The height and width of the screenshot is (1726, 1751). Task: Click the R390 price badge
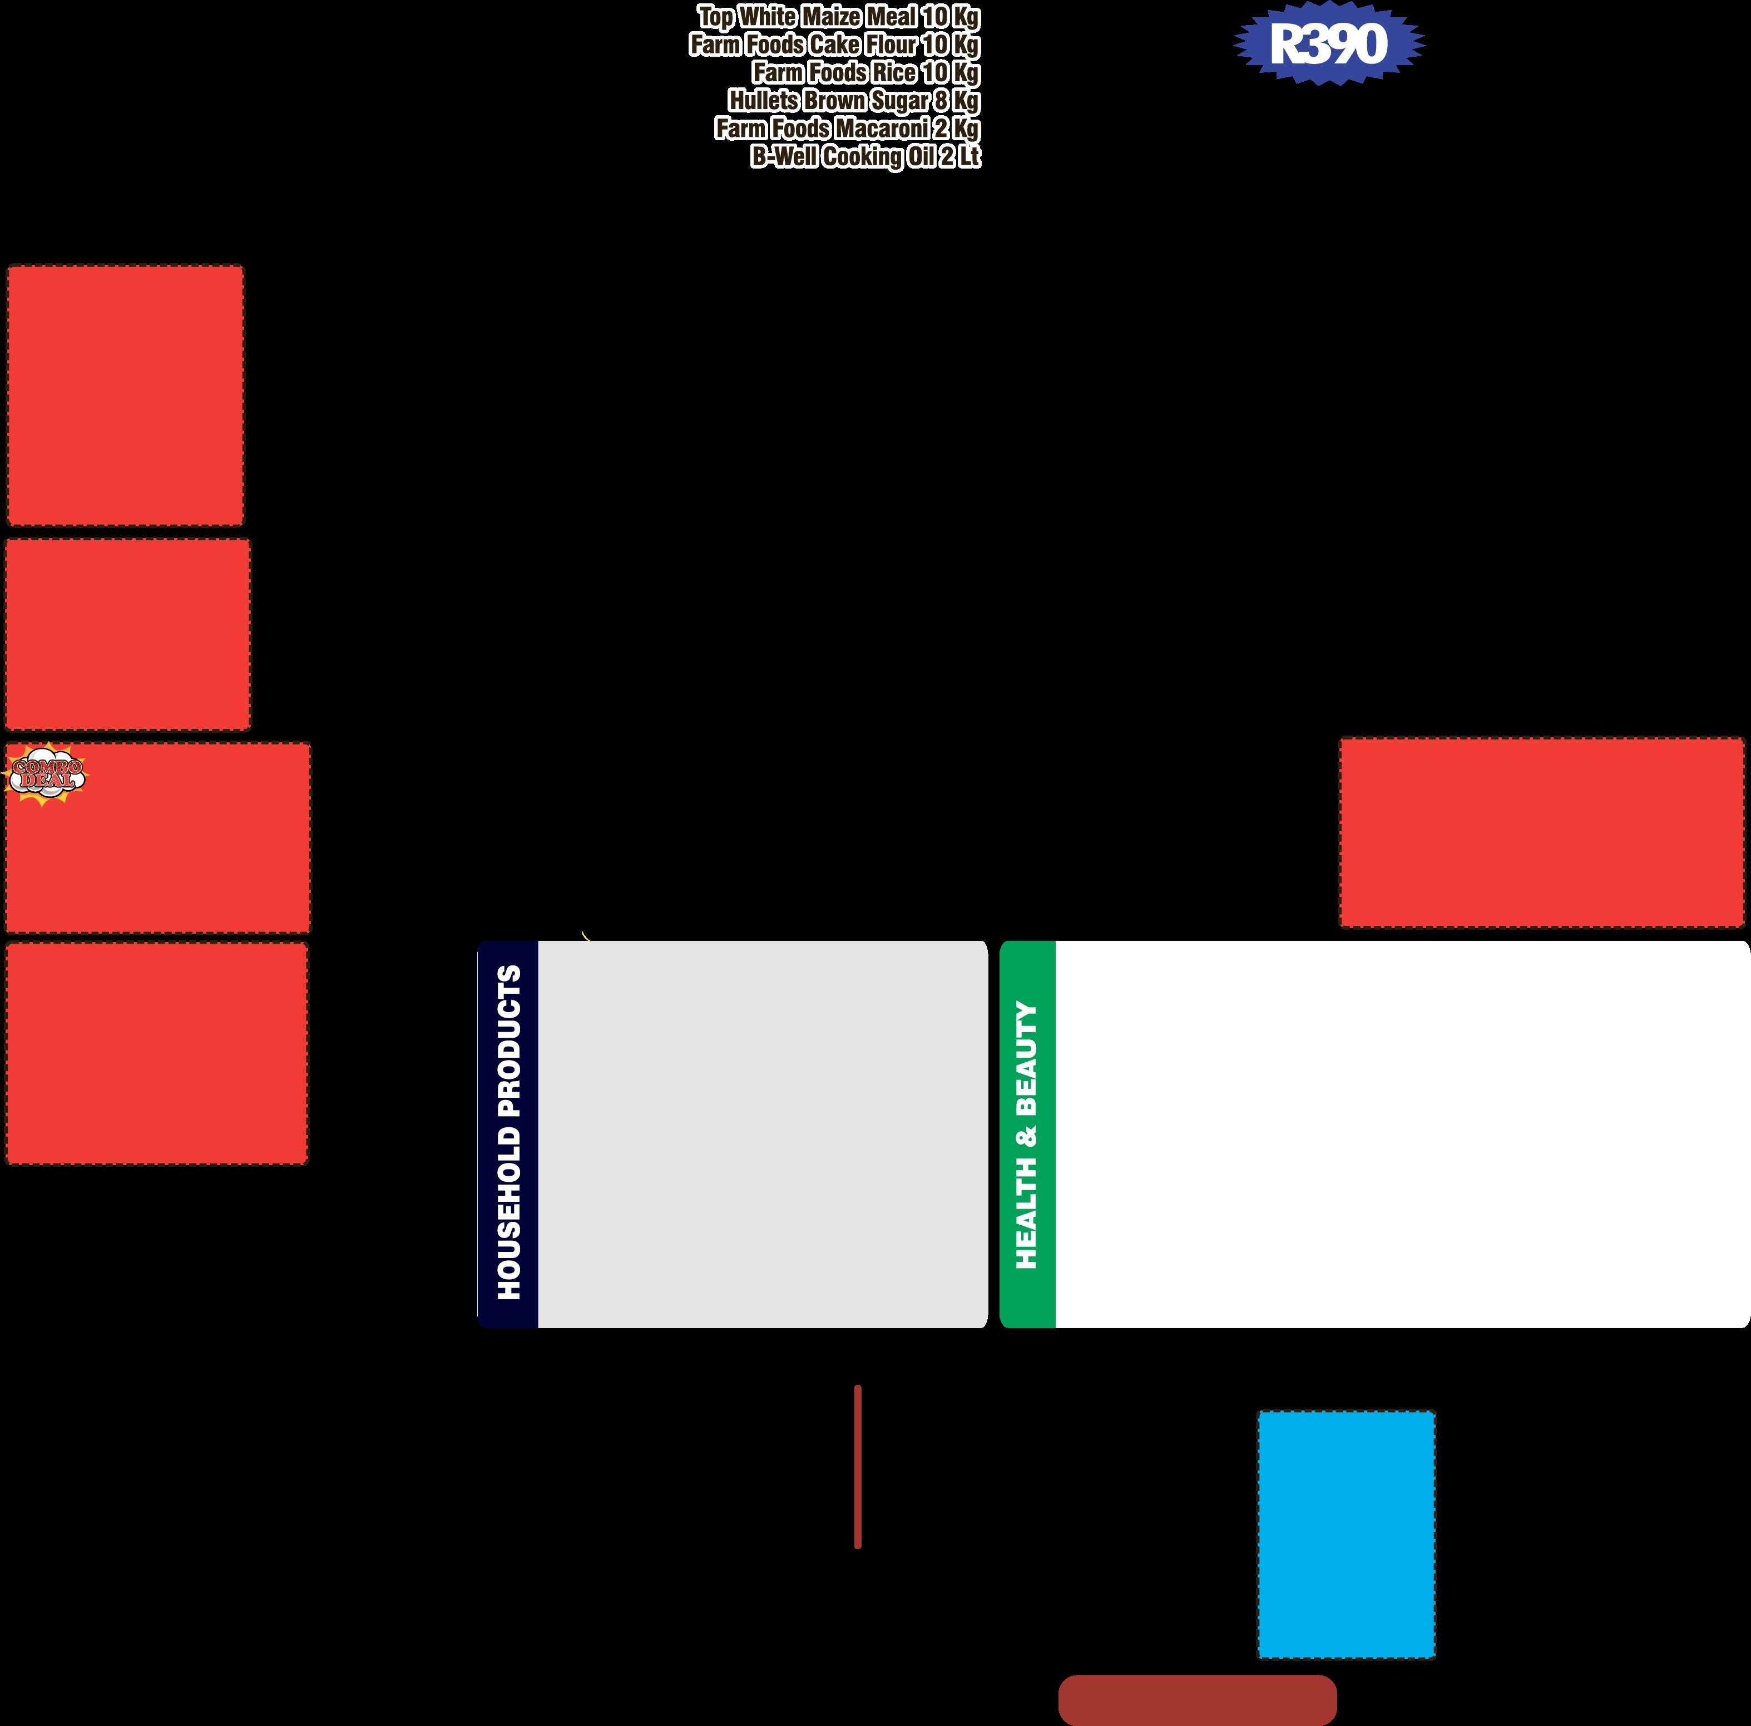[1329, 43]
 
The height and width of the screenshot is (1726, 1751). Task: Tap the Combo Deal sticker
[47, 774]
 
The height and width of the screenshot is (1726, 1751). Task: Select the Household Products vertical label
[508, 1133]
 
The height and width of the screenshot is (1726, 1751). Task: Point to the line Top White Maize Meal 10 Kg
[838, 16]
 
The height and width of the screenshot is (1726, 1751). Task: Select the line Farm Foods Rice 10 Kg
[865, 72]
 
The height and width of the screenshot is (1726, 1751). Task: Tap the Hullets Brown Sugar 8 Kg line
[854, 101]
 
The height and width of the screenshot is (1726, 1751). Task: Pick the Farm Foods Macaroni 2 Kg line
[847, 129]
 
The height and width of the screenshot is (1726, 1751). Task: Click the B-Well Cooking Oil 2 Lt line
[865, 157]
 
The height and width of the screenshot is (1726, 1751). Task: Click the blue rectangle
[1346, 1535]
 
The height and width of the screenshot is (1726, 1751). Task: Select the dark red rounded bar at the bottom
[1197, 1700]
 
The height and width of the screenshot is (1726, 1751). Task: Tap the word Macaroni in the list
[881, 129]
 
